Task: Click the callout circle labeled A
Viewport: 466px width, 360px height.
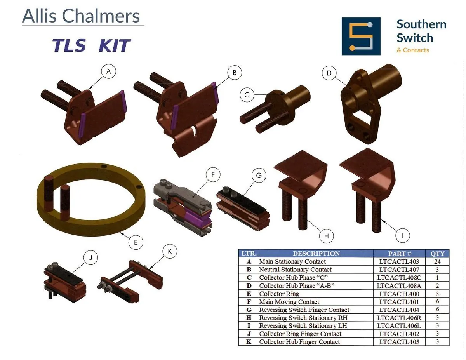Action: [x=108, y=71]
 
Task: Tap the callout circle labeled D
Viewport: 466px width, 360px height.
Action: [x=329, y=73]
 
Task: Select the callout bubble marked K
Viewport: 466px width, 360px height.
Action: [x=170, y=251]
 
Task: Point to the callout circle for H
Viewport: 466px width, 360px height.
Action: [x=326, y=236]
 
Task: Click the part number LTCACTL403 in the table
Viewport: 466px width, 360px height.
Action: [x=399, y=261]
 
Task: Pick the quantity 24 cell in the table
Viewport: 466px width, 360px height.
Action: [x=437, y=261]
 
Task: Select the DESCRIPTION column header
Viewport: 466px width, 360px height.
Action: [x=316, y=253]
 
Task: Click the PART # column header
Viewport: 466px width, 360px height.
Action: [x=399, y=254]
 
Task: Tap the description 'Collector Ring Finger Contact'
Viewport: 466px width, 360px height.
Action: [x=300, y=334]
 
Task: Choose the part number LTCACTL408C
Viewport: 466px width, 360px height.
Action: [x=399, y=277]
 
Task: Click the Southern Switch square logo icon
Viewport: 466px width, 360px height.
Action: [x=361, y=36]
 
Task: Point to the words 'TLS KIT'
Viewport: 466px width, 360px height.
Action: [x=91, y=45]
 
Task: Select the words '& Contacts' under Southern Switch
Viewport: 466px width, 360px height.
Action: [x=413, y=50]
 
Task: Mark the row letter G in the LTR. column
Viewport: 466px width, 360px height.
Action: [x=249, y=310]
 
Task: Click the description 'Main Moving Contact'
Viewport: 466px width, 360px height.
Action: [x=289, y=302]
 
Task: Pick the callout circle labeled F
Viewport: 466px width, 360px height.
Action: [x=213, y=174]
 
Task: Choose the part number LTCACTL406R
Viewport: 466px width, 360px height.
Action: [x=399, y=318]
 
